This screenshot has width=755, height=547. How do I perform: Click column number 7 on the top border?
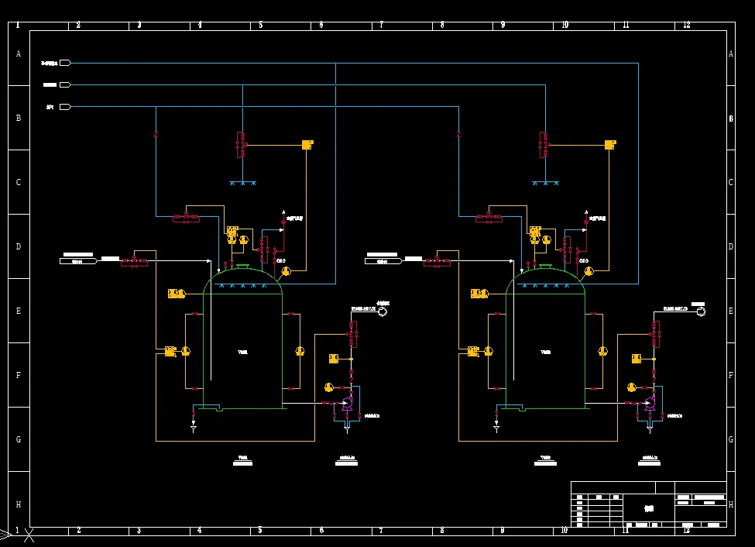[381, 26]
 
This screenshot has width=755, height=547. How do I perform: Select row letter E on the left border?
[18, 311]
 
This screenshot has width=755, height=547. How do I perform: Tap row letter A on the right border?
[731, 53]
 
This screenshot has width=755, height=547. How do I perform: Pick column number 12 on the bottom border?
[686, 531]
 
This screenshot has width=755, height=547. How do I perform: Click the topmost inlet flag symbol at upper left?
[65, 63]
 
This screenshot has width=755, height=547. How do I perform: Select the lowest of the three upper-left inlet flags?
[65, 107]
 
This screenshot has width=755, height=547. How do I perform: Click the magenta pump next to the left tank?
[346, 403]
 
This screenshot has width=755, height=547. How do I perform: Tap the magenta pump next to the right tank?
[649, 403]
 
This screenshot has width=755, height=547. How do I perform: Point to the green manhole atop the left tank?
[242, 267]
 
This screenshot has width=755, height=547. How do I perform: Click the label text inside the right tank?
[545, 353]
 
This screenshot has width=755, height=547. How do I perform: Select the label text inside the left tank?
[242, 353]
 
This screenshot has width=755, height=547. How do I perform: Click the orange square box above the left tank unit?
[307, 144]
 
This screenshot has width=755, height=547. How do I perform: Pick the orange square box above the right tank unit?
[610, 144]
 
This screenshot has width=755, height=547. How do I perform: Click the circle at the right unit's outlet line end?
[701, 311]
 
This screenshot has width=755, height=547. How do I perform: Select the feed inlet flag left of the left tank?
[78, 261]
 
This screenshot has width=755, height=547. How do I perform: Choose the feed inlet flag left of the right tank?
[382, 261]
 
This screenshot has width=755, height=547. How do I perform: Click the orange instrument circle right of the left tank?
[300, 351]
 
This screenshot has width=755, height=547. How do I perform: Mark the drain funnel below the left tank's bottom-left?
[194, 427]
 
